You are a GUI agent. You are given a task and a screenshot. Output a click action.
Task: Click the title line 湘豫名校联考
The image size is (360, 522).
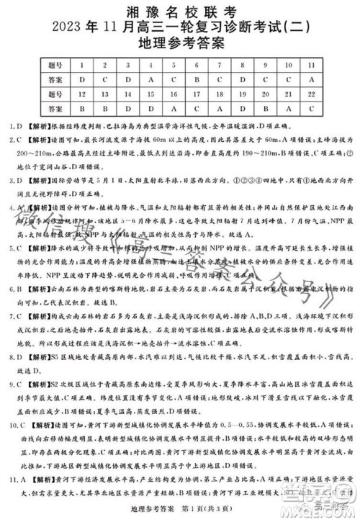click(180, 10)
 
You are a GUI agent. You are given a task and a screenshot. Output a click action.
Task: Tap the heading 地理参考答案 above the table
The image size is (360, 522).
click(180, 43)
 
